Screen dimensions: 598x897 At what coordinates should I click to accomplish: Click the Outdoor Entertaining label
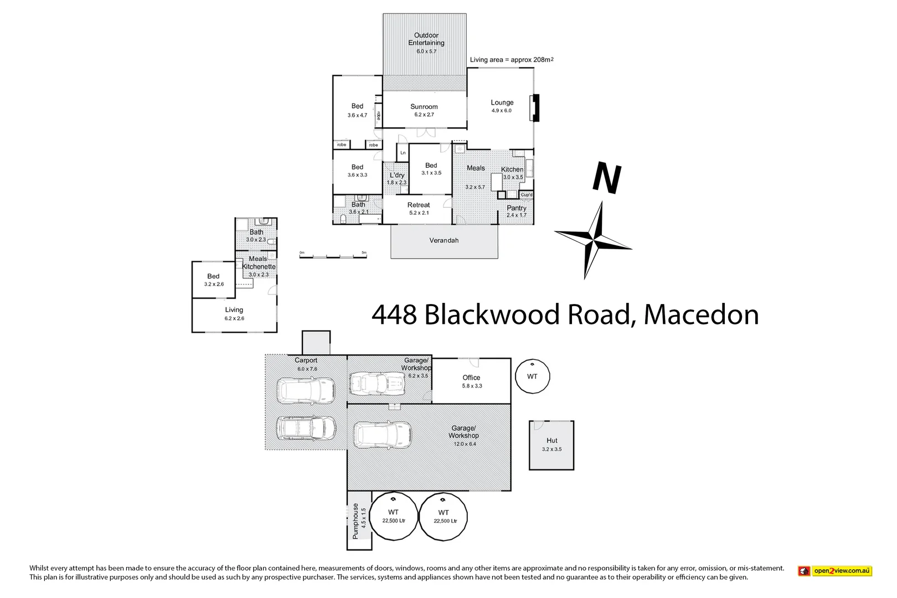pyautogui.click(x=426, y=39)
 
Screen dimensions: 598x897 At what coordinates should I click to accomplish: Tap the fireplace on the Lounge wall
pyautogui.click(x=535, y=108)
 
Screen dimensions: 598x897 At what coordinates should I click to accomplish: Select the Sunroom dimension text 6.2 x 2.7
pyautogui.click(x=424, y=115)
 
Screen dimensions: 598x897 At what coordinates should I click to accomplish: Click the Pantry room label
pyautogui.click(x=516, y=208)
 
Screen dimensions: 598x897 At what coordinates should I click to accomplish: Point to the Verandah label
pyautogui.click(x=444, y=240)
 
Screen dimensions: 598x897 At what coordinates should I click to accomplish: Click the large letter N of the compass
pyautogui.click(x=607, y=178)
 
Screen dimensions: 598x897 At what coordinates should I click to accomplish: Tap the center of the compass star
pyautogui.click(x=594, y=240)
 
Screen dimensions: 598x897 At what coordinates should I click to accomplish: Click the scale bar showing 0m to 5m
pyautogui.click(x=333, y=256)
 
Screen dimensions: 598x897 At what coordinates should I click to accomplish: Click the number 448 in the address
pyautogui.click(x=394, y=315)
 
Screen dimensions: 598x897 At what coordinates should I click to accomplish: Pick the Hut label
pyautogui.click(x=551, y=441)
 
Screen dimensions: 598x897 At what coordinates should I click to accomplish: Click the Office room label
pyautogui.click(x=471, y=378)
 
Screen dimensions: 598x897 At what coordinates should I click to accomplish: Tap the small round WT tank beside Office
pyautogui.click(x=532, y=377)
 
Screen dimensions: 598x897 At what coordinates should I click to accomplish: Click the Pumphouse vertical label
pyautogui.click(x=355, y=521)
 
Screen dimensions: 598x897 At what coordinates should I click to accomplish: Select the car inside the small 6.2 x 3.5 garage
pyautogui.click(x=377, y=383)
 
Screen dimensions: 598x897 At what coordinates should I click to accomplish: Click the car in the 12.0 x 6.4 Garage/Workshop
pyautogui.click(x=382, y=435)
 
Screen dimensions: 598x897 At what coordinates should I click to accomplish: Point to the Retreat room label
pyautogui.click(x=419, y=205)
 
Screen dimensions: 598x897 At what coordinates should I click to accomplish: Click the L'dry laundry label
pyautogui.click(x=396, y=175)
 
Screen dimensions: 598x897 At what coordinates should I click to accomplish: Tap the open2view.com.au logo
pyautogui.click(x=834, y=571)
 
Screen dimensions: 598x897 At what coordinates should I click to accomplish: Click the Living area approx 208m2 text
pyautogui.click(x=511, y=60)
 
